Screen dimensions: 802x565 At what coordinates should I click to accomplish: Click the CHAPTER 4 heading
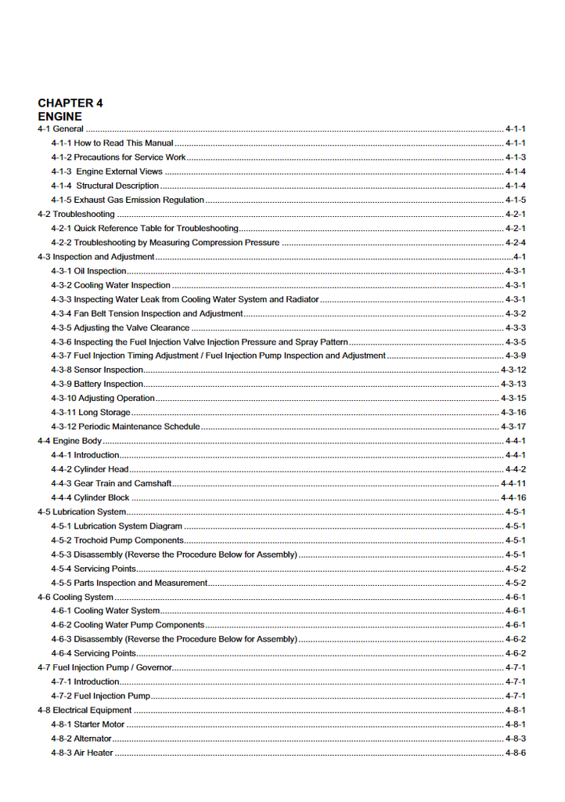(x=70, y=103)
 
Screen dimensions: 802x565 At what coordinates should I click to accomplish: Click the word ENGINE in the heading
(x=59, y=117)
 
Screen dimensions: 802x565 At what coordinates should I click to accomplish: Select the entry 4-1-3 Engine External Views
(x=106, y=172)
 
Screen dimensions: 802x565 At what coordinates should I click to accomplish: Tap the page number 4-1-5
(x=515, y=200)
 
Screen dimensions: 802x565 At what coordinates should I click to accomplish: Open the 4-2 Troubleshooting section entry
(x=76, y=214)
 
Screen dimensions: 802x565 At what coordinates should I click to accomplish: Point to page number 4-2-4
(x=515, y=243)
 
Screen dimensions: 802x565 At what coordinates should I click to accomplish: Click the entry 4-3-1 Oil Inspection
(x=88, y=271)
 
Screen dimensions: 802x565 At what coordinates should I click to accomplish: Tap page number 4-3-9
(x=515, y=356)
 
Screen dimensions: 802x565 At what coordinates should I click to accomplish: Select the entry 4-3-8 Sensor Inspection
(x=97, y=370)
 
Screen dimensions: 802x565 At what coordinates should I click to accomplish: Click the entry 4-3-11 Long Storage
(x=91, y=412)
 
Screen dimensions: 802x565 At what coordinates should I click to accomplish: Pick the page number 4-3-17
(x=513, y=427)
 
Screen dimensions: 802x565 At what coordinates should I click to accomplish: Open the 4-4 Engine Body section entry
(x=70, y=441)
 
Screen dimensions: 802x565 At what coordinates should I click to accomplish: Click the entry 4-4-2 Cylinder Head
(x=90, y=469)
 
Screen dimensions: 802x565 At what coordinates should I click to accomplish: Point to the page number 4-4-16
(x=513, y=497)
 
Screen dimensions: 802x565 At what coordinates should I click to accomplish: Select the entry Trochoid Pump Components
(x=117, y=540)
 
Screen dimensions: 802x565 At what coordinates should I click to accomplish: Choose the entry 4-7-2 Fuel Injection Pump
(x=100, y=695)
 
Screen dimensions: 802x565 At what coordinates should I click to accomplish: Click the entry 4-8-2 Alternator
(x=81, y=739)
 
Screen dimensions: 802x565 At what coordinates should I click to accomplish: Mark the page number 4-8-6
(x=515, y=753)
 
